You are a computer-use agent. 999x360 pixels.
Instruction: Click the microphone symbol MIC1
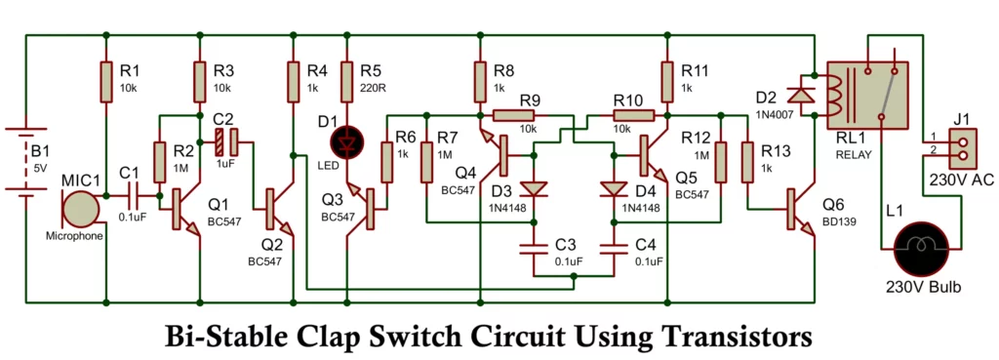81,210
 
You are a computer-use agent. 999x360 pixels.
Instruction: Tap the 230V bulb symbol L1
921,248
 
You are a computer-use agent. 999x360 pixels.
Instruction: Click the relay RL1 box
867,95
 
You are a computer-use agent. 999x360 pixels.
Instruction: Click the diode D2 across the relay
802,95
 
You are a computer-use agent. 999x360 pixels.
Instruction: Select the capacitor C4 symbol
613,249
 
